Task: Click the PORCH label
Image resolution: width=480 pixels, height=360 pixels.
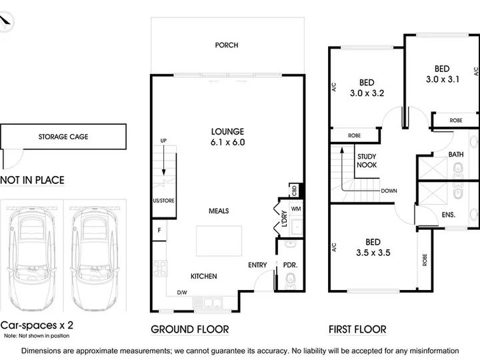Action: (227, 45)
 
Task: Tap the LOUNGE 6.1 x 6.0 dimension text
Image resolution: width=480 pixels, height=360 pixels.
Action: (228, 143)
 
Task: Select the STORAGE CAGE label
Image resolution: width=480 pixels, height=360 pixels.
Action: (63, 137)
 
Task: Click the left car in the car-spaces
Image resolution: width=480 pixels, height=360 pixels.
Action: (32, 259)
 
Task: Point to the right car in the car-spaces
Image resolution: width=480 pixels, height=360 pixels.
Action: (95, 259)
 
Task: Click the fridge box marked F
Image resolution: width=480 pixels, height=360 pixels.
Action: (159, 230)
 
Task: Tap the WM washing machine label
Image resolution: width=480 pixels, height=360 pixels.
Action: (296, 209)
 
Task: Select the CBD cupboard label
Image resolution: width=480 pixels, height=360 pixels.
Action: (295, 191)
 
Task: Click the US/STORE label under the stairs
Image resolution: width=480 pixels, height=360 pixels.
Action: (164, 201)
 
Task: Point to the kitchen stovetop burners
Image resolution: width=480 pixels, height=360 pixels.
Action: (160, 269)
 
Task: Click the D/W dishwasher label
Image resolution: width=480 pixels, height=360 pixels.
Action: (182, 293)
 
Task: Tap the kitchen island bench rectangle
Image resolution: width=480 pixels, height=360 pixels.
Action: (219, 241)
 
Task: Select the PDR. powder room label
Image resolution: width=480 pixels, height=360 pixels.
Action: (290, 265)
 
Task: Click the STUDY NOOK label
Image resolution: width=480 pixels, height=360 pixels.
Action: (367, 161)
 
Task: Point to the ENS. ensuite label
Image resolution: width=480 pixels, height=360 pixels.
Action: (449, 215)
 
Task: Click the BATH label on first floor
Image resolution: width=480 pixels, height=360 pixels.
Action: (456, 155)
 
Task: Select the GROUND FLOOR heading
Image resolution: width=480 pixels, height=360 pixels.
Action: (190, 329)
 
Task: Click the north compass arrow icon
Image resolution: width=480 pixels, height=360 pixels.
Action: (5, 21)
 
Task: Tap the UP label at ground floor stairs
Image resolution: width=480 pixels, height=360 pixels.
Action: (163, 141)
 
